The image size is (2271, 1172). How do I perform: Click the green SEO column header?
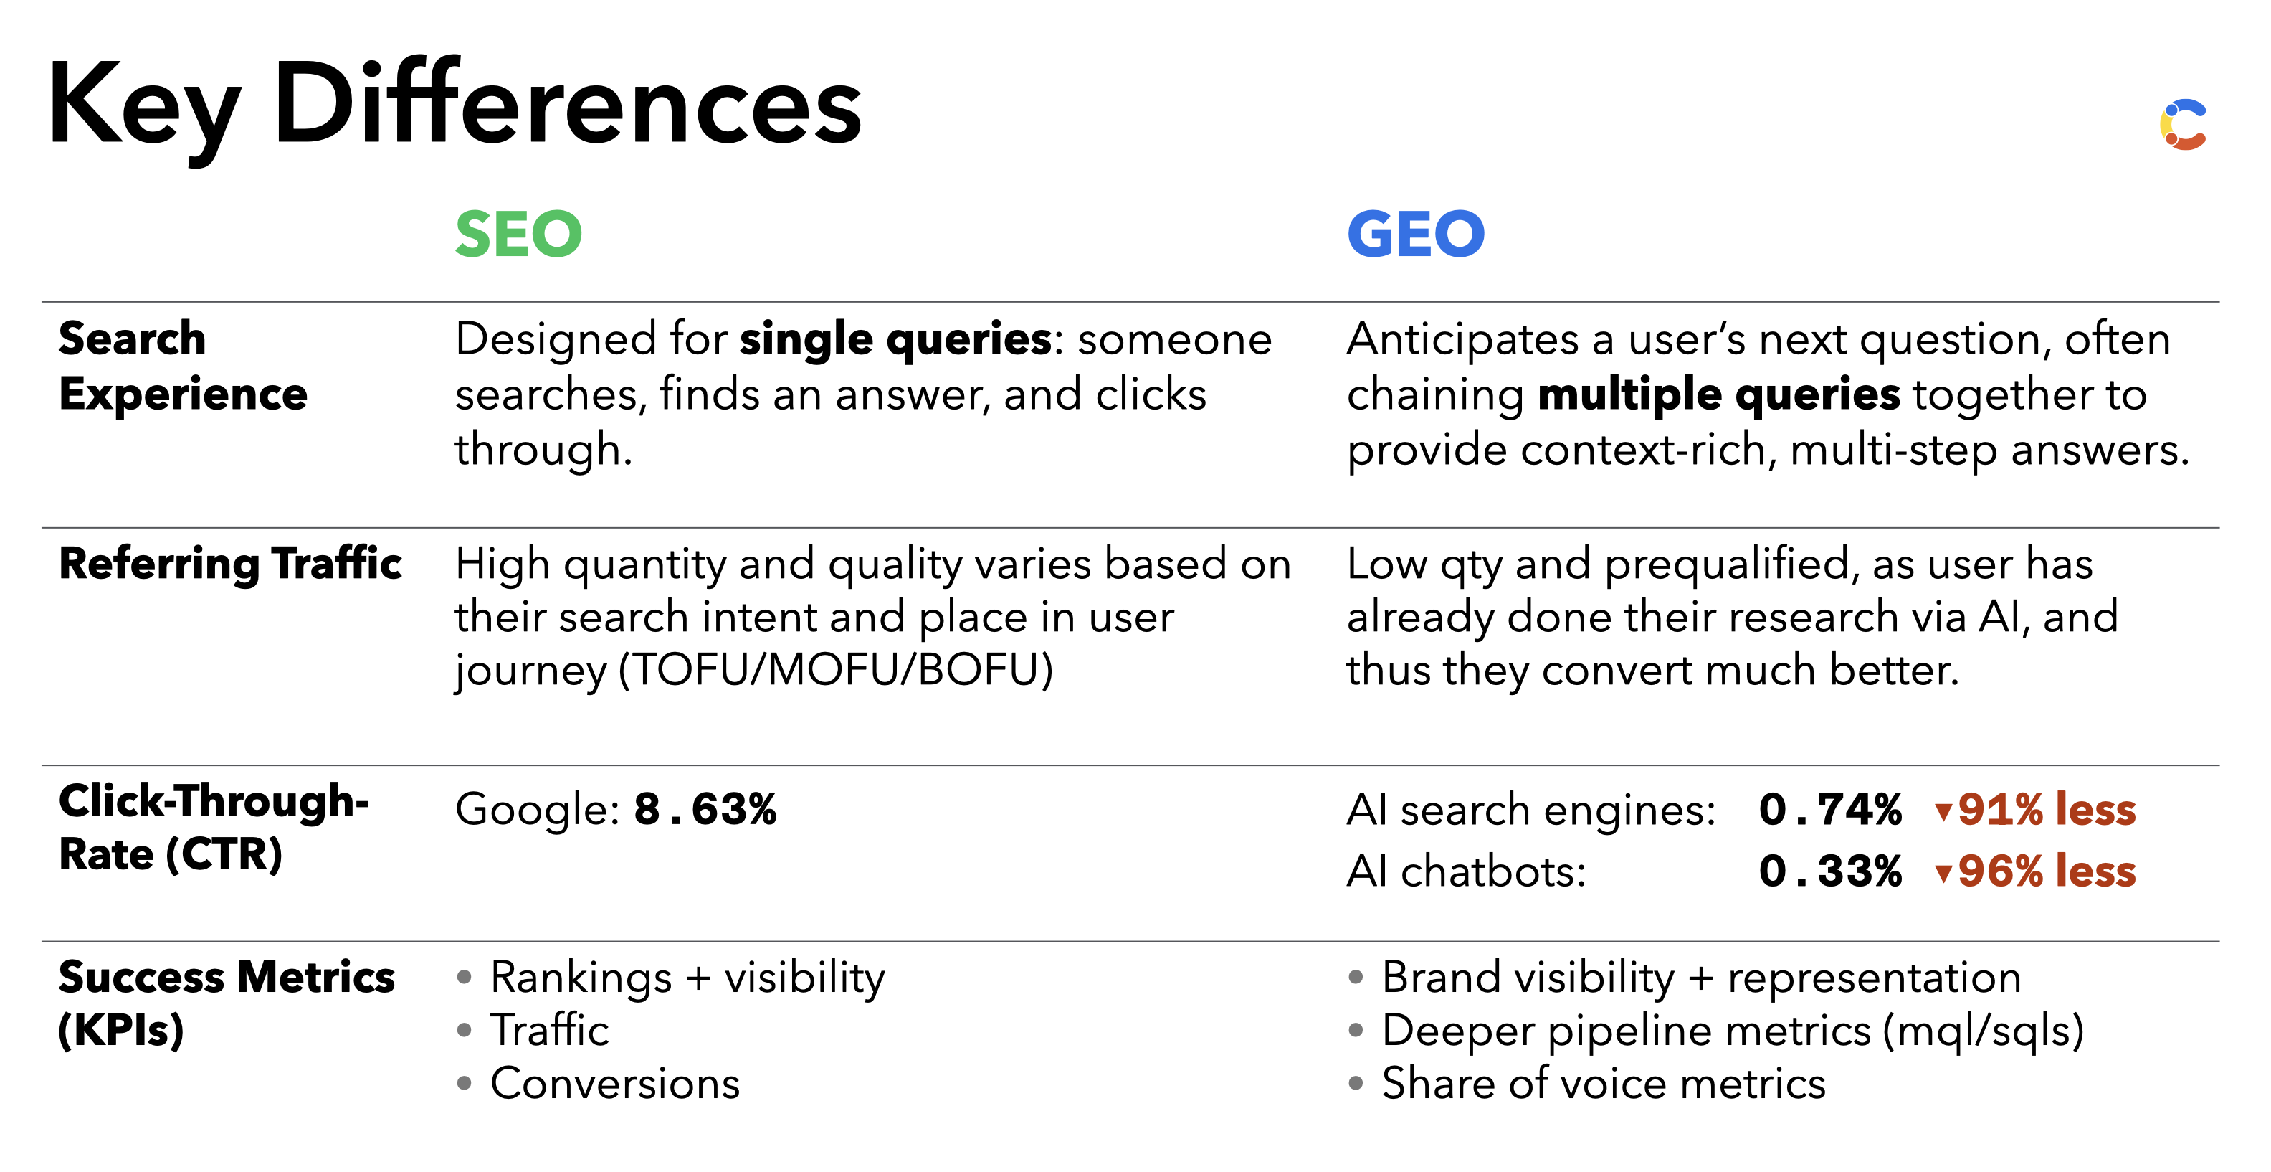[x=518, y=235]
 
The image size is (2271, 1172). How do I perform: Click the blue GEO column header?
[x=1416, y=235]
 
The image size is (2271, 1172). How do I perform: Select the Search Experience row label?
[x=184, y=366]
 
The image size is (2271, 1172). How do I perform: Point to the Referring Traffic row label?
[x=230, y=564]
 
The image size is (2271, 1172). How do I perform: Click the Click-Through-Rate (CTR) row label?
[x=214, y=828]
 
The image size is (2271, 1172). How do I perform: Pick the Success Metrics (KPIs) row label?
[x=227, y=1004]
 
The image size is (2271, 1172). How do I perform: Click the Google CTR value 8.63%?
[x=705, y=810]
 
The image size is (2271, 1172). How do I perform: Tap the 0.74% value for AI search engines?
[x=1830, y=810]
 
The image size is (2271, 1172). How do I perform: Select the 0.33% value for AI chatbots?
[x=1830, y=871]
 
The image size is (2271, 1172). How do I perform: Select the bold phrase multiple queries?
[x=1719, y=395]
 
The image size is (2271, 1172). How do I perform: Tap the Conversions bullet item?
[x=615, y=1084]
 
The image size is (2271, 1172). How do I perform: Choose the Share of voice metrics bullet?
[x=1604, y=1084]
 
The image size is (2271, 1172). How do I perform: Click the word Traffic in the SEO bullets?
[x=549, y=1031]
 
